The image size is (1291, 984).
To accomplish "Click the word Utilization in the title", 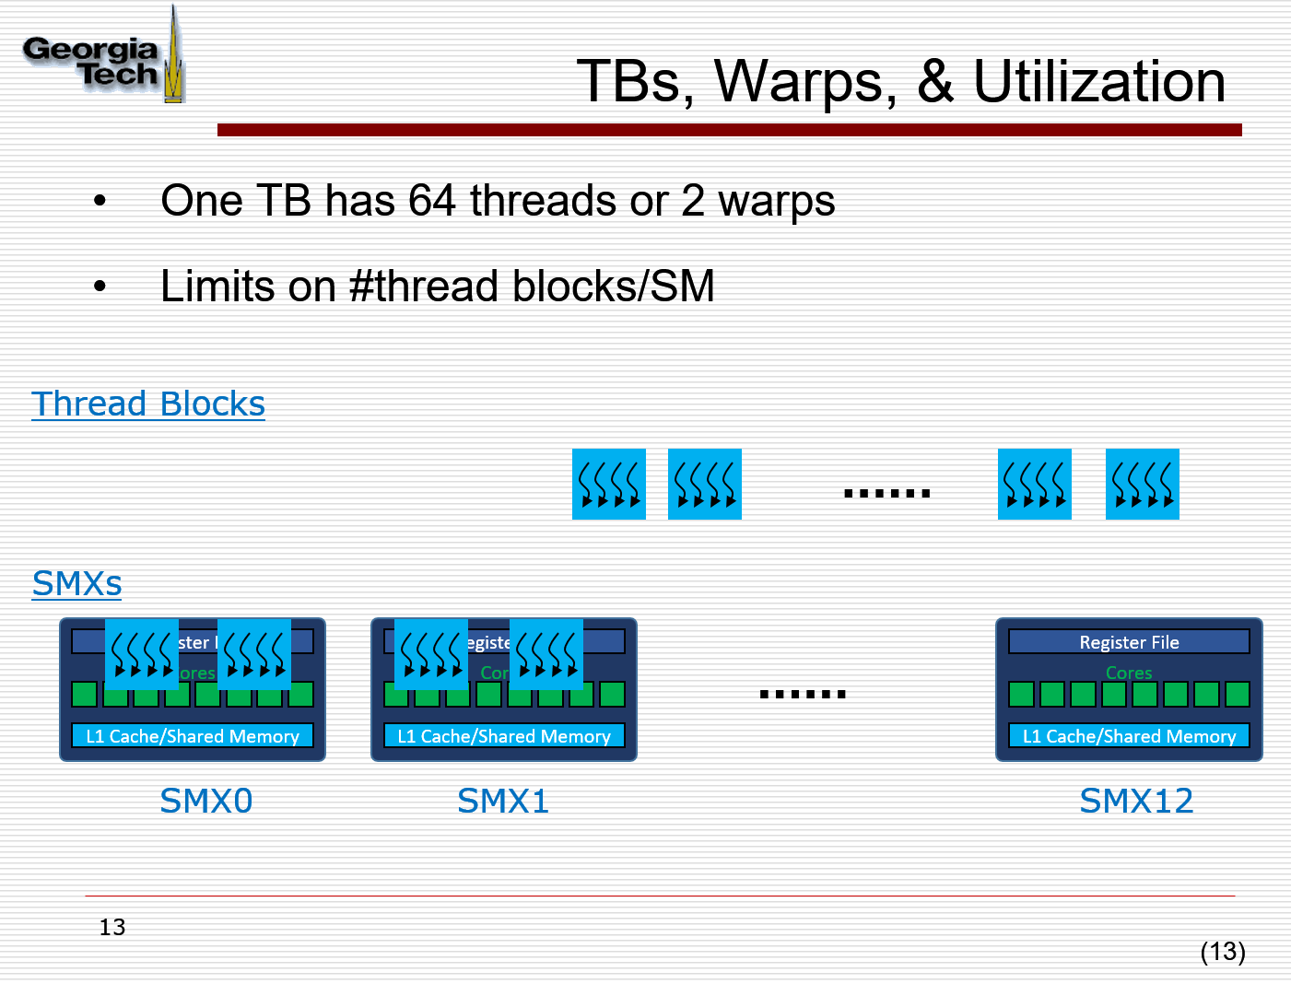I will click(1099, 82).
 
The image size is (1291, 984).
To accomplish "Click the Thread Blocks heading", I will click(148, 404).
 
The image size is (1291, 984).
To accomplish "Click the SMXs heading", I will click(76, 584).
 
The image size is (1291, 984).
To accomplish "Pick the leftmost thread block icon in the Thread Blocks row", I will click(608, 485).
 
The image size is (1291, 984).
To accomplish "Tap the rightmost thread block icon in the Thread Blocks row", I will click(1142, 485).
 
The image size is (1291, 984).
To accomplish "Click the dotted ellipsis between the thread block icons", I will click(886, 493).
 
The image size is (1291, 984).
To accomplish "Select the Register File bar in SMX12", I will click(1129, 642).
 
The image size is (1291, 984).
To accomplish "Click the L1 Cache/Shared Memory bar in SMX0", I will click(193, 736).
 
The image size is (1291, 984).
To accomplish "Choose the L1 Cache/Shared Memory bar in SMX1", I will click(504, 736).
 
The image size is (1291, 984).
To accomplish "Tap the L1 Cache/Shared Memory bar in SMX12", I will click(1129, 736).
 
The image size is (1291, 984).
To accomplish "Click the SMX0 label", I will click(205, 801).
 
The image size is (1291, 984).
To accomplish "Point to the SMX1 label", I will click(503, 801).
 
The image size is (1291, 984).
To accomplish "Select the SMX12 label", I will click(1136, 801).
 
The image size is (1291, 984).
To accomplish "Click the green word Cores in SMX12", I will click(1129, 673).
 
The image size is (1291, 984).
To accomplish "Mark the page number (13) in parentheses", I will click(1223, 951).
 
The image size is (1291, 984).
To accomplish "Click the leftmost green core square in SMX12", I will click(1021, 694).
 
